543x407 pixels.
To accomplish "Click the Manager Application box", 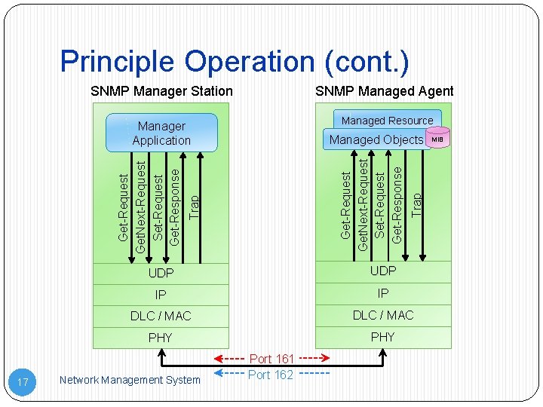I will [x=161, y=133].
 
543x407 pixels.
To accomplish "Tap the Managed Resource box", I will [x=387, y=121].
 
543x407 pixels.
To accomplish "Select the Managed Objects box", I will [x=376, y=139].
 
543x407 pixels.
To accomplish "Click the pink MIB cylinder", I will [x=437, y=139].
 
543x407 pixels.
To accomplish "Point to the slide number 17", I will [x=23, y=383].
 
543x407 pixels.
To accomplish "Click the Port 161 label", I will [x=271, y=359].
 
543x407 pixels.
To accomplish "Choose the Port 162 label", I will [x=271, y=375].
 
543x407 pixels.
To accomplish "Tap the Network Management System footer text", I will [x=130, y=381].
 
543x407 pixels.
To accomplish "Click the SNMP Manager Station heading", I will [x=161, y=91].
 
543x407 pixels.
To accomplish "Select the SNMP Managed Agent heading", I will [x=384, y=91].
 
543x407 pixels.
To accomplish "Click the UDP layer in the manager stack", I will [x=161, y=273].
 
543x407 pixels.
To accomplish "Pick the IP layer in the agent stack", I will [x=383, y=293].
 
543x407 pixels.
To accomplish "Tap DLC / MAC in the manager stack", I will [x=161, y=316].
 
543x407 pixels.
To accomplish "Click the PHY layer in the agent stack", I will [x=383, y=337].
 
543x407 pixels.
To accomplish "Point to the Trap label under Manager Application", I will [x=194, y=207].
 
